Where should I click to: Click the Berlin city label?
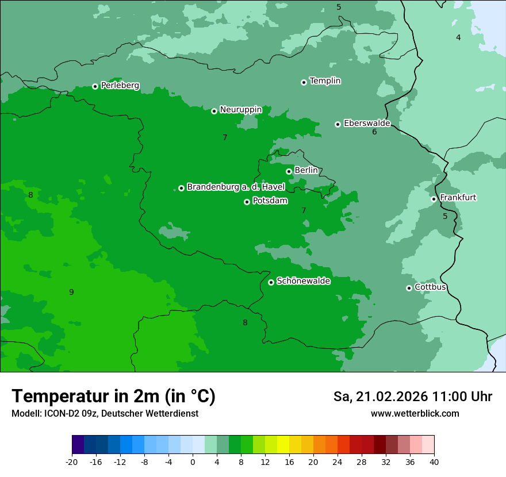pos(306,170)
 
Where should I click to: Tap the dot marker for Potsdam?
pos(247,202)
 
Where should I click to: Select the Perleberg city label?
pos(120,86)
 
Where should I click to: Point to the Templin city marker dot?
pos(304,82)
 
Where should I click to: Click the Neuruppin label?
pos(240,110)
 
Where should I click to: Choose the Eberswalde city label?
pos(367,123)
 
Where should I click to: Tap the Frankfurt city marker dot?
pos(434,199)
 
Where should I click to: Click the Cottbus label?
pos(430,287)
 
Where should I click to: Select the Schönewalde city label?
pos(303,281)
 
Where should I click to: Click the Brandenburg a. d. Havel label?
pos(236,187)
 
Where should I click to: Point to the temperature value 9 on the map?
pos(71,292)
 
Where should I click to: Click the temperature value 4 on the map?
pos(458,37)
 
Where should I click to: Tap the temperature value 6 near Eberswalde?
pos(374,132)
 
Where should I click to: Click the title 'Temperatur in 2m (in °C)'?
pos(113,396)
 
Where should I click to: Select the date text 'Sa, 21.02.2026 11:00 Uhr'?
pos(412,397)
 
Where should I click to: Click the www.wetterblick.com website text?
pos(415,413)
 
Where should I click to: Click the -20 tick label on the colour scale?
pos(72,461)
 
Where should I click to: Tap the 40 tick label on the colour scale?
pos(434,461)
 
